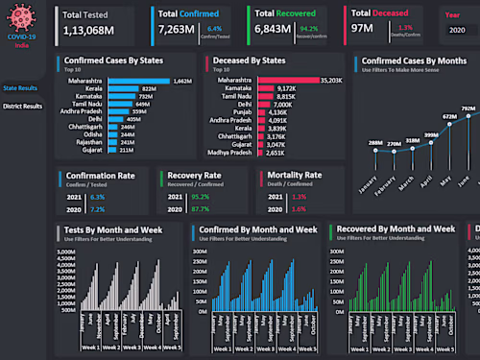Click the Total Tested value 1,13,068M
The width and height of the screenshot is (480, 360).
[88, 31]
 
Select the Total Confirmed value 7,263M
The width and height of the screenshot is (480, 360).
[176, 31]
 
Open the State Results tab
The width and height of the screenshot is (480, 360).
[21, 87]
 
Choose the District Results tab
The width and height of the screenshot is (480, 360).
[23, 106]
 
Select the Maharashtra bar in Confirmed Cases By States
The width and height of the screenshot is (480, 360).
[139, 82]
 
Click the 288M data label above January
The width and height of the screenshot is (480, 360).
[374, 142]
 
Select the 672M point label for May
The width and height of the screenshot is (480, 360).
[448, 116]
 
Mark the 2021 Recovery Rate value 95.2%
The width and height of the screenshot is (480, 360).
[200, 196]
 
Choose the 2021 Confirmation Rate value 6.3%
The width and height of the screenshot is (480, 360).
[97, 196]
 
